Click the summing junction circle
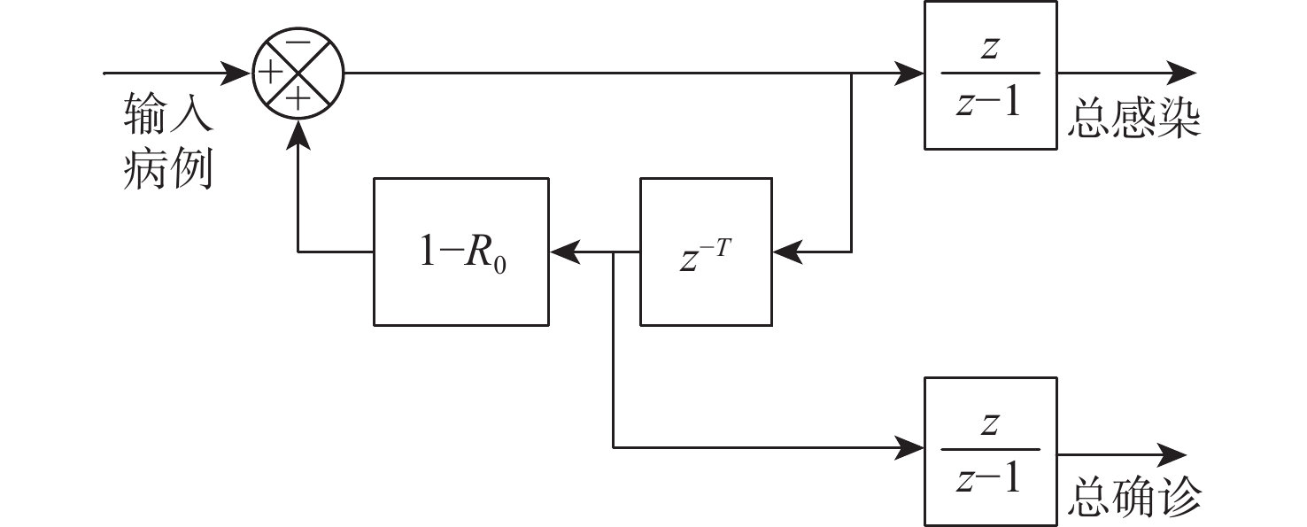(298, 73)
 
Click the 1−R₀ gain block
(460, 252)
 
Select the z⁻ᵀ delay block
(706, 252)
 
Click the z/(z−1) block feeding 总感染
(990, 74)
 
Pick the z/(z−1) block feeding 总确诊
(990, 450)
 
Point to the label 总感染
(1133, 120)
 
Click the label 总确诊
(1133, 498)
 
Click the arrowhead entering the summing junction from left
(240, 73)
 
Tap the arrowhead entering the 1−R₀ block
(562, 252)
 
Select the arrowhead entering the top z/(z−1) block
(910, 73)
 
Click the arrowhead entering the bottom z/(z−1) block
(910, 447)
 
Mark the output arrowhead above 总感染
(1183, 73)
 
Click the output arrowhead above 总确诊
(1173, 454)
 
